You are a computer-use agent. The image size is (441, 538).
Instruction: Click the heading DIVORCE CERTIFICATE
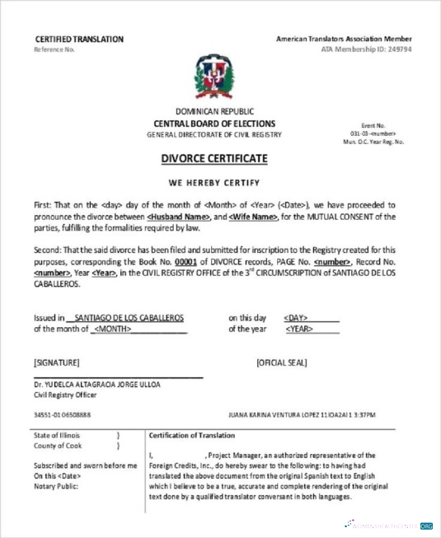tap(214, 158)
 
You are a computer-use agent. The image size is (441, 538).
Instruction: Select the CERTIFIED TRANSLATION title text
tap(79, 39)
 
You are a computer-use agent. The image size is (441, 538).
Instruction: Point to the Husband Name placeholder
tap(179, 216)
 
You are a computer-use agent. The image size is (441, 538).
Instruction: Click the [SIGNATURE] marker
tap(57, 362)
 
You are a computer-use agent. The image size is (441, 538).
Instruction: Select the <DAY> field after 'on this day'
tap(296, 317)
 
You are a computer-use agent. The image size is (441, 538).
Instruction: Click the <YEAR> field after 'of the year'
tap(298, 329)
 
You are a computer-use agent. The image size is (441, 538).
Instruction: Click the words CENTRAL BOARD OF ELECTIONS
tap(214, 123)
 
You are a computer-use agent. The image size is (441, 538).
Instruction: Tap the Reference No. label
tap(54, 49)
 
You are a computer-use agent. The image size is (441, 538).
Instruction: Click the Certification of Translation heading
tap(192, 435)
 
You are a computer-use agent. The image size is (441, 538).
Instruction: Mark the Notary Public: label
tap(57, 486)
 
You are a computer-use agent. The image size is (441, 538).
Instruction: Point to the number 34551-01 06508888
tap(63, 414)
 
